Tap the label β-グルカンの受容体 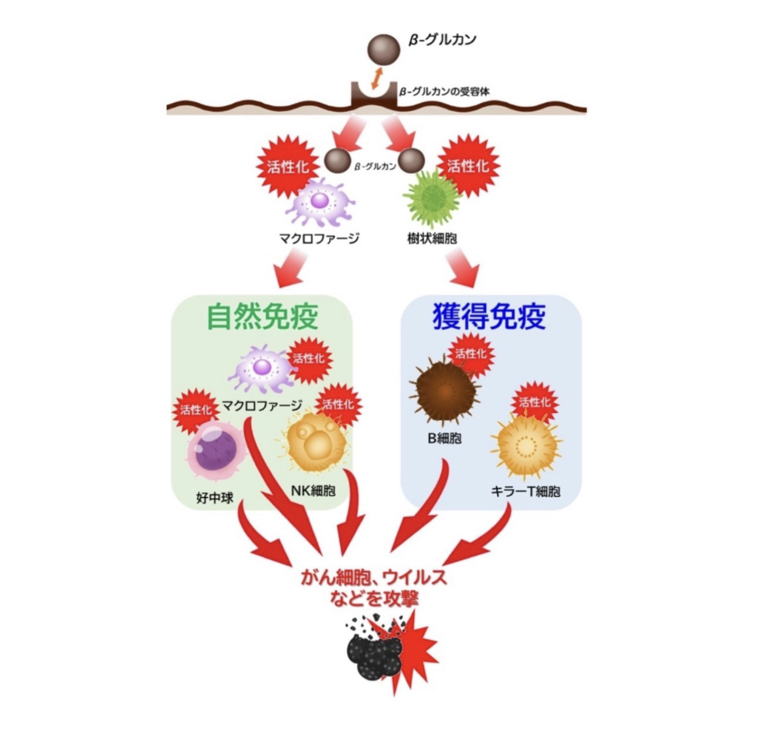(x=444, y=92)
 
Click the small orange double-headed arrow (x=378, y=78)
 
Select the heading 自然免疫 (x=262, y=317)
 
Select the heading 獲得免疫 (x=489, y=317)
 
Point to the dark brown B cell (x=443, y=390)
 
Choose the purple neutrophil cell (x=216, y=448)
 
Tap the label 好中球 (x=214, y=498)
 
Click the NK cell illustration (x=316, y=442)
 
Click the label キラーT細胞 (x=526, y=490)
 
